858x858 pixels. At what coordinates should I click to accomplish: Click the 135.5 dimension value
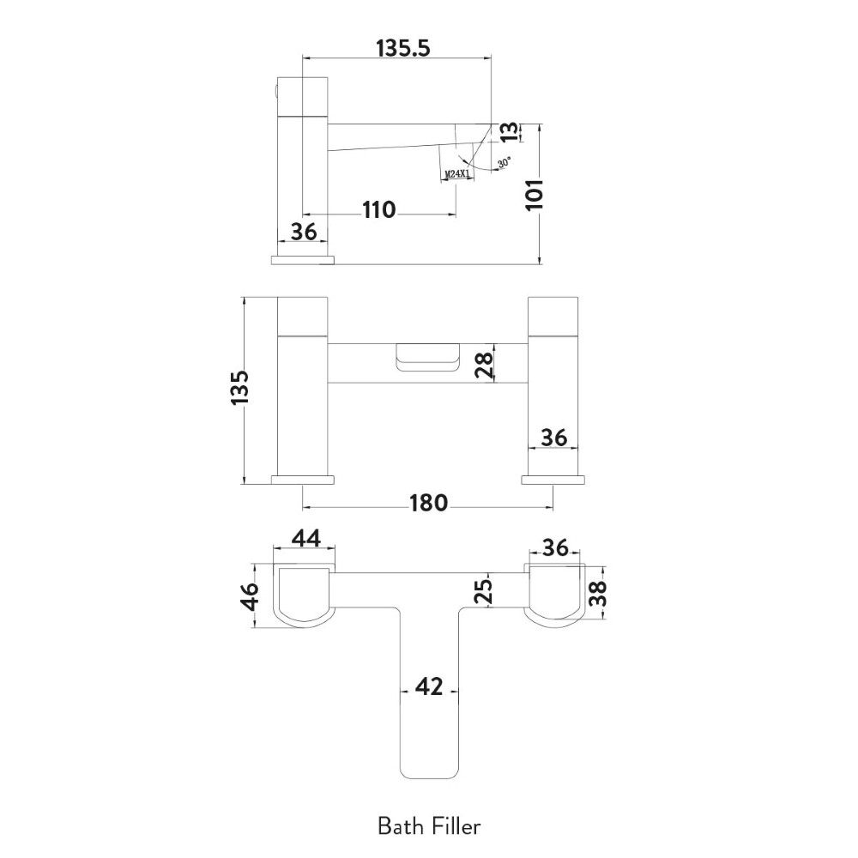402,48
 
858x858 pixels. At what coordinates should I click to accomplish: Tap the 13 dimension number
509,130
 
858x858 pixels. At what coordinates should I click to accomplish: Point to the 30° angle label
504,161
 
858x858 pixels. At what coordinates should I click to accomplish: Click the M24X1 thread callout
457,175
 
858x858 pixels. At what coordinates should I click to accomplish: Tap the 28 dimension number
484,365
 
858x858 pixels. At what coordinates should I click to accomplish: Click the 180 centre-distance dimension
428,503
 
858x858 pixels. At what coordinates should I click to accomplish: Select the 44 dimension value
305,538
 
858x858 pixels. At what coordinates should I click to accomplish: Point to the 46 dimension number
250,596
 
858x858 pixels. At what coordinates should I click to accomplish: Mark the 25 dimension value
484,590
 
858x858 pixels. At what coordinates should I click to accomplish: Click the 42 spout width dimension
428,687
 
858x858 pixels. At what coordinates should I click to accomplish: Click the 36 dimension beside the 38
556,547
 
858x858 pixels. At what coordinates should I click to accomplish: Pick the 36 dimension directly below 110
304,232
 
